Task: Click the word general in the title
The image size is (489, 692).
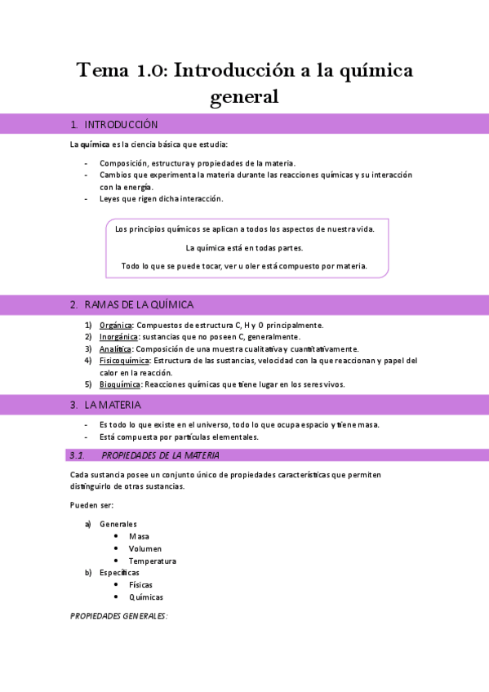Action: [x=245, y=97]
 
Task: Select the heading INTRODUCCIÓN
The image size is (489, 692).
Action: [x=121, y=125]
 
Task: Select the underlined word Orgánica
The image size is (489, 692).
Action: [x=115, y=325]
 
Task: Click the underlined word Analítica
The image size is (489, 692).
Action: [x=116, y=348]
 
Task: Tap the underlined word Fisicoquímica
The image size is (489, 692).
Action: [x=124, y=361]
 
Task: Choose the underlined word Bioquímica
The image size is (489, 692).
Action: [x=120, y=384]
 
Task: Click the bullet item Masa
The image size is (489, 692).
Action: [x=139, y=536]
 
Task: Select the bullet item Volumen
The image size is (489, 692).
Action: [x=145, y=548]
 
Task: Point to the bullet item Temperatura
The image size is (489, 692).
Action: [x=152, y=561]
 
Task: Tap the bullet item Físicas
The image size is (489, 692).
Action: [x=140, y=584]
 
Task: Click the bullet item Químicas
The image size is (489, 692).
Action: [x=145, y=597]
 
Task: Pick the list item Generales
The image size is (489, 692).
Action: [x=118, y=524]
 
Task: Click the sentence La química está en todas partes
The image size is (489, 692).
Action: [x=244, y=247]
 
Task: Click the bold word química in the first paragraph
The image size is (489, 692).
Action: [x=95, y=144]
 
